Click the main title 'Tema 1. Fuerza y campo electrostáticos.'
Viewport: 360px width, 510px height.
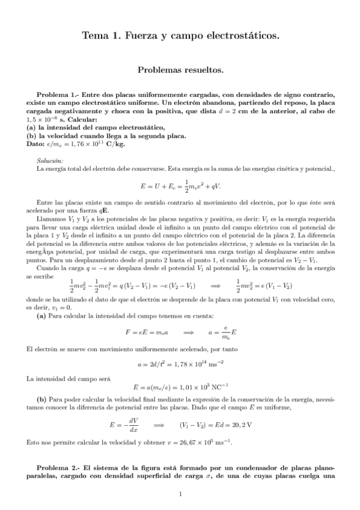point(180,37)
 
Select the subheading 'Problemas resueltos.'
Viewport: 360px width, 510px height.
point(180,70)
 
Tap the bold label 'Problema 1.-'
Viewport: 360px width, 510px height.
point(57,95)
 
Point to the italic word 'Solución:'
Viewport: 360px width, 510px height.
point(49,161)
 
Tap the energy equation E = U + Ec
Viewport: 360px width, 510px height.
point(180,186)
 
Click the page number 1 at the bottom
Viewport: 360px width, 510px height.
point(180,494)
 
